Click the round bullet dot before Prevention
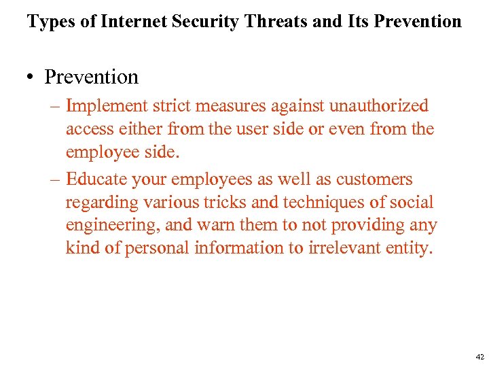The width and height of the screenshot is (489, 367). click(x=32, y=78)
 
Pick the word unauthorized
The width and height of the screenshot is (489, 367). click(x=379, y=106)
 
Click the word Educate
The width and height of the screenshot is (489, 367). click(x=94, y=179)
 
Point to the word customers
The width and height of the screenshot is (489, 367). click(x=374, y=179)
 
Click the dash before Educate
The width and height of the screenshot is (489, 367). click(x=55, y=179)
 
